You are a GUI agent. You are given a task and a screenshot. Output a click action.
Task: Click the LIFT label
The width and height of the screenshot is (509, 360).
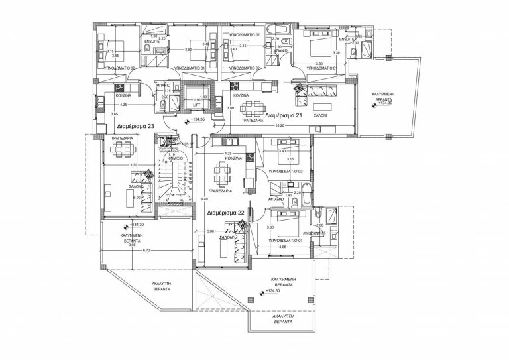196,105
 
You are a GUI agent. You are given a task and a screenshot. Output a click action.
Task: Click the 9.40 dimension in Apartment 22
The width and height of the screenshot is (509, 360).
205,198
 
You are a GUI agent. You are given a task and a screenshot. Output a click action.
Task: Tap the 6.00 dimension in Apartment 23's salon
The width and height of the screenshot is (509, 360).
137,197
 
